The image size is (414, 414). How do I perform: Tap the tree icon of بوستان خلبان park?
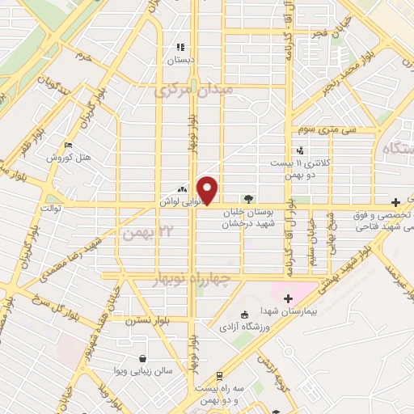(248, 198)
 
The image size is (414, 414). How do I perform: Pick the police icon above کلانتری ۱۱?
(301, 150)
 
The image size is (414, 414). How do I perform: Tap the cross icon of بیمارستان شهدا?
(288, 299)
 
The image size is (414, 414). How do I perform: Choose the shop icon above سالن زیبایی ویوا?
(143, 358)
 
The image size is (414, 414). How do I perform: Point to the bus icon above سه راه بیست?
(218, 376)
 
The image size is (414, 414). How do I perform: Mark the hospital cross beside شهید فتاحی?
(395, 201)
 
